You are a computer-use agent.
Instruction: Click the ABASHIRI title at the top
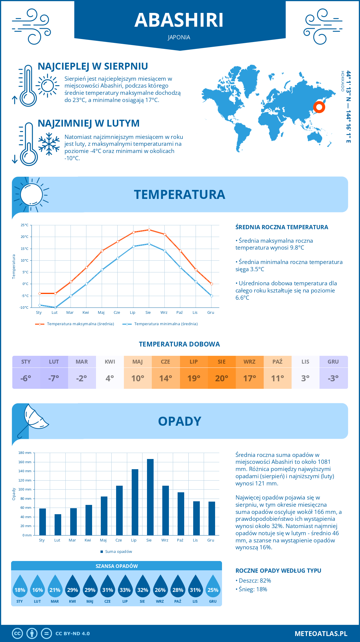coord(179,20)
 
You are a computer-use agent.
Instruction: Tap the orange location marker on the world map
coord(319,107)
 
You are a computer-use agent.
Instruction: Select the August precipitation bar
coord(150,497)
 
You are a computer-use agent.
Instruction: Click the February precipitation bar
coord(58,524)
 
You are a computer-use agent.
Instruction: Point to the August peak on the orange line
coord(149,230)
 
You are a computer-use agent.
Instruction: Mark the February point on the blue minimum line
coord(55,307)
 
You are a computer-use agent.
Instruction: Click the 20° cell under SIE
coord(222,378)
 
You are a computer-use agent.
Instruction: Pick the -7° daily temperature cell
coord(54,378)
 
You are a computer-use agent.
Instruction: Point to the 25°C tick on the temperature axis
coord(25,225)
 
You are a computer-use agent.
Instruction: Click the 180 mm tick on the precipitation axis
coord(25,453)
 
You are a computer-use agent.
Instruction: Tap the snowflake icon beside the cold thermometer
coord(49,144)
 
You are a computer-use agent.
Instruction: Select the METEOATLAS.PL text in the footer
coord(321,633)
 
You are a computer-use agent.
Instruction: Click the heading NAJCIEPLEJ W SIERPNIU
coord(93,66)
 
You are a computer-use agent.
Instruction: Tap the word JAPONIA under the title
coord(179,37)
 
